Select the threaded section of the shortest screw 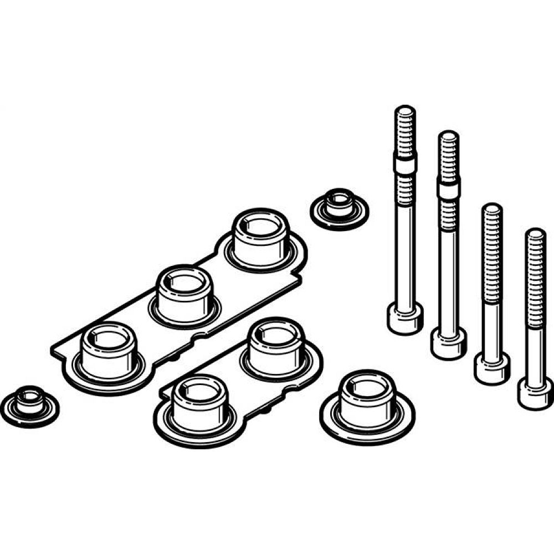pyautogui.click(x=536, y=277)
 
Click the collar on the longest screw pyautogui.click(x=406, y=164)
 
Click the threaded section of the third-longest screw pyautogui.click(x=491, y=249)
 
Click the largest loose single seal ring pyautogui.click(x=367, y=403)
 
